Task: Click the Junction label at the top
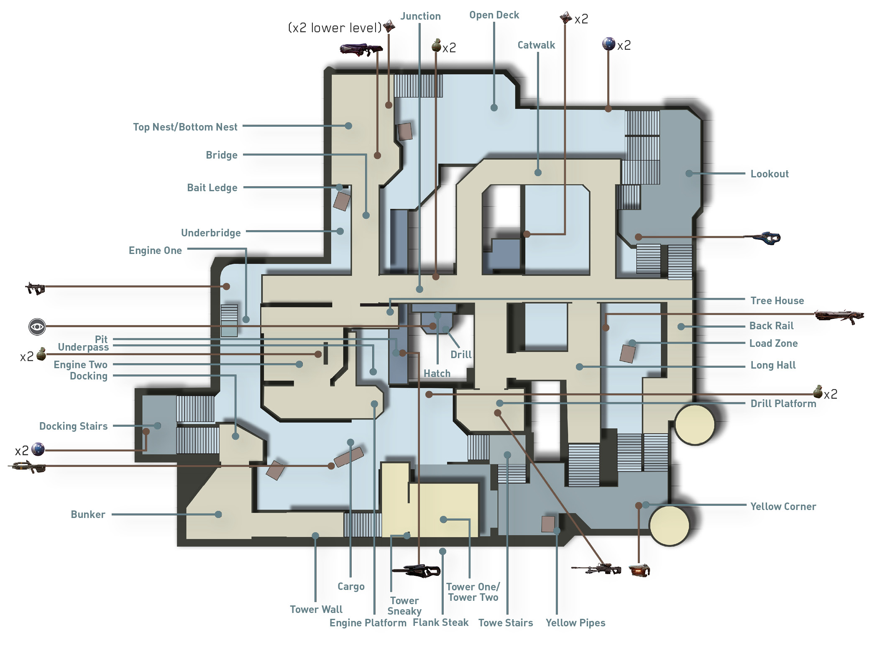tap(420, 16)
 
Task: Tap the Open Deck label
tap(494, 15)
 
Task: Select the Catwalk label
tap(536, 45)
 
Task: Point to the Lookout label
tap(770, 174)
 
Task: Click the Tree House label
tap(777, 301)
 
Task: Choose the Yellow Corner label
tap(783, 507)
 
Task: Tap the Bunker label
tap(88, 515)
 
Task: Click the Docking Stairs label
tap(73, 426)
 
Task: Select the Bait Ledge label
tap(212, 188)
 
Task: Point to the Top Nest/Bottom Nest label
tap(185, 127)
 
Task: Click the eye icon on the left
tap(37, 326)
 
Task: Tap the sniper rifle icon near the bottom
tap(596, 569)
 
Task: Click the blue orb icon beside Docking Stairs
tap(38, 449)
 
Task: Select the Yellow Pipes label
tap(575, 623)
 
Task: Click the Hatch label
tap(437, 374)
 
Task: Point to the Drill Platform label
tap(783, 404)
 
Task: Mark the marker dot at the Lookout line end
tap(689, 173)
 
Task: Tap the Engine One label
tap(155, 251)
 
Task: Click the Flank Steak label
tap(440, 623)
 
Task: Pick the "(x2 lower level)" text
tap(335, 28)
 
